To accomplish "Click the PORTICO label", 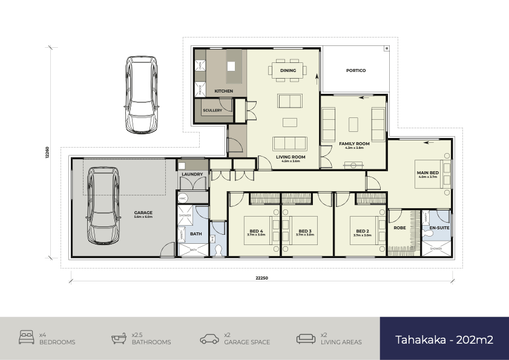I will coord(355,71).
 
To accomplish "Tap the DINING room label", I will coord(288,71).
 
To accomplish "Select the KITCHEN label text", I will coord(223,91).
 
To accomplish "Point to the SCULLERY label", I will coord(212,111).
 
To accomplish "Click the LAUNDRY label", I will coord(192,175).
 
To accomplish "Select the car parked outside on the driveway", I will coord(142,95).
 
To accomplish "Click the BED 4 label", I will coord(256,231).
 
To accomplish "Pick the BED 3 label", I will coord(305,231).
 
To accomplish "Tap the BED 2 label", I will coord(363,231).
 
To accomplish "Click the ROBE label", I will coord(399,229).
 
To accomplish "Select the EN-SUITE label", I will coord(439,229).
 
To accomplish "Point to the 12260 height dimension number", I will coord(47,151).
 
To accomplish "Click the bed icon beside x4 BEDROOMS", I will coord(26,338).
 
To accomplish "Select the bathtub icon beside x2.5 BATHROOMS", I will coord(119,338).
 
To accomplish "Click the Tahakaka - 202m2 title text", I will coord(444,339).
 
